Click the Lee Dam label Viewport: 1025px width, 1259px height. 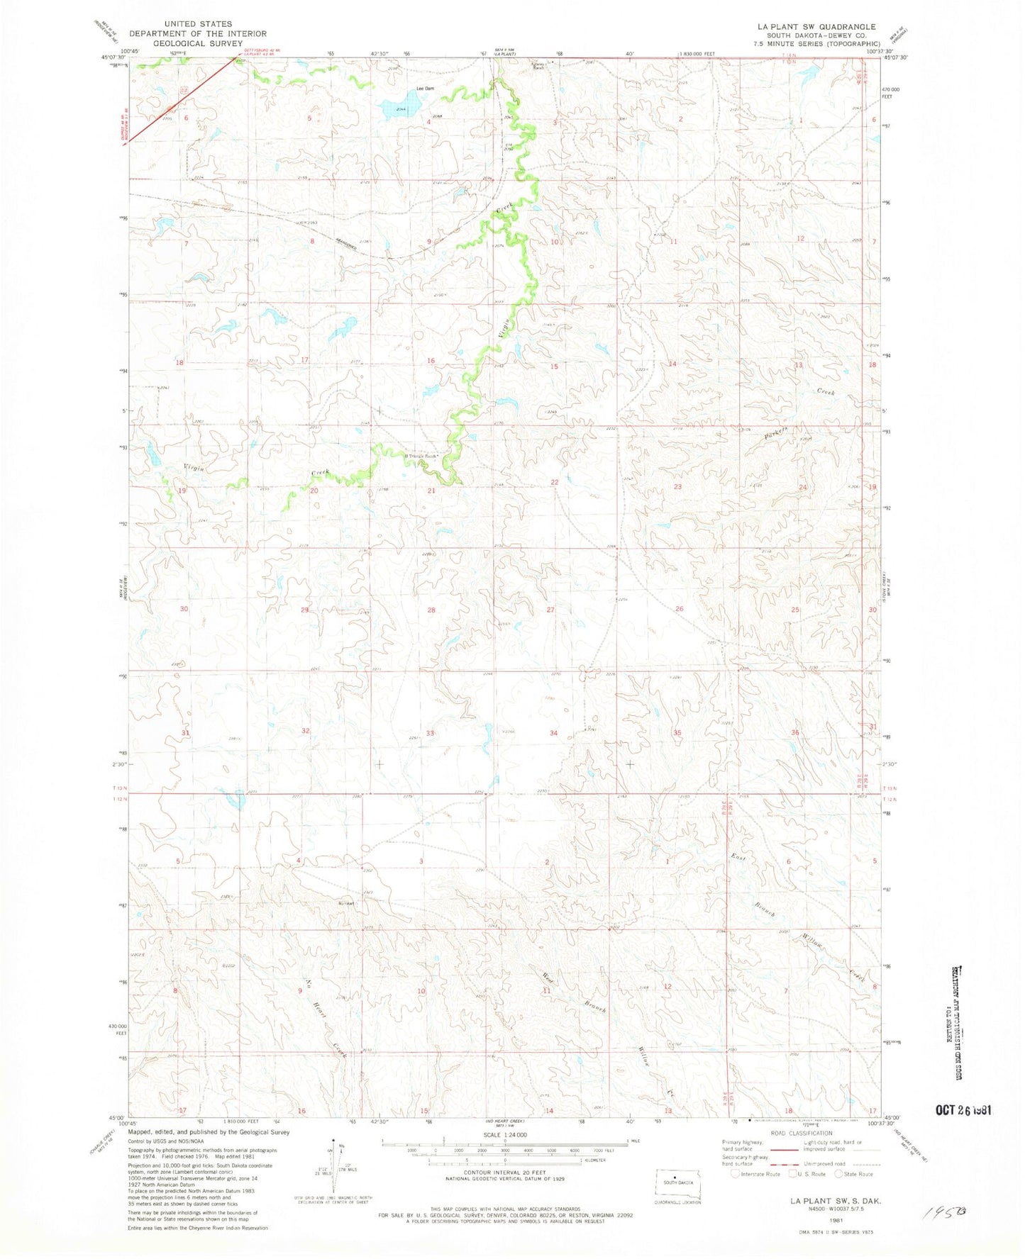pyautogui.click(x=424, y=89)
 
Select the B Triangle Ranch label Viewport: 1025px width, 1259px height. pyautogui.click(x=424, y=456)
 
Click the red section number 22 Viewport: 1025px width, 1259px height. pyautogui.click(x=555, y=482)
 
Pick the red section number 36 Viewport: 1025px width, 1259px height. pyautogui.click(x=795, y=732)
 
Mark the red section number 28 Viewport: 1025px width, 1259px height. pyautogui.click(x=431, y=610)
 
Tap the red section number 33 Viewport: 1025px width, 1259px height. pyautogui.click(x=430, y=732)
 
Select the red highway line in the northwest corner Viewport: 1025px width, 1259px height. pyautogui.click(x=181, y=100)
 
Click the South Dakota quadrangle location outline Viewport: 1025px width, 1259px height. pyautogui.click(x=679, y=1183)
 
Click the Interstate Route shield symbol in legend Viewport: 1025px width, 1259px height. pyautogui.click(x=736, y=1174)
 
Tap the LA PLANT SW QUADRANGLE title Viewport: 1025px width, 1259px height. pyautogui.click(x=807, y=26)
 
